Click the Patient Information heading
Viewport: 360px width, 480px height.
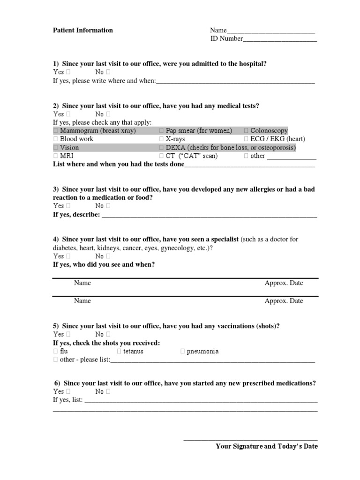tap(82, 30)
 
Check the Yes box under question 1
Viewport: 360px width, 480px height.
tap(68, 72)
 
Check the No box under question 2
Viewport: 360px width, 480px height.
tap(108, 114)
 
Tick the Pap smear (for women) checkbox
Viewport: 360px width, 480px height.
tap(162, 131)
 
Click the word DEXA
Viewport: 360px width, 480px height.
tap(176, 148)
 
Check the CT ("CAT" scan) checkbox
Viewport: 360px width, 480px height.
tap(162, 156)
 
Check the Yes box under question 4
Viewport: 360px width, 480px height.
tap(68, 256)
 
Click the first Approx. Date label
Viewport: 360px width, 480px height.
tap(284, 283)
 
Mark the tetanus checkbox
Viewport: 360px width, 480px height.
tap(119, 352)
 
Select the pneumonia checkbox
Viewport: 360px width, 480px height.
tap(183, 352)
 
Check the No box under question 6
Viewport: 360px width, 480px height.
tap(108, 391)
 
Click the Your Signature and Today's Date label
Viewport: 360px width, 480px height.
tap(266, 447)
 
